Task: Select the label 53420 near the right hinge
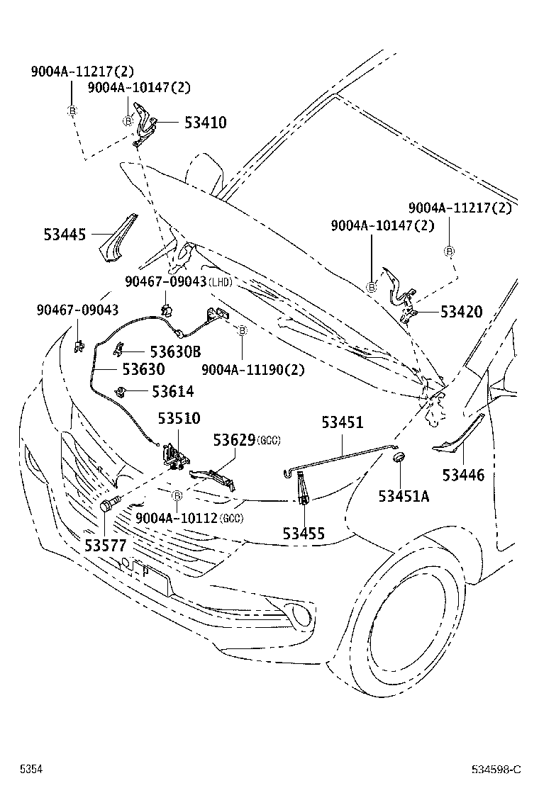click(461, 312)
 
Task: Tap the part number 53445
click(63, 234)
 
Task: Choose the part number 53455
click(304, 532)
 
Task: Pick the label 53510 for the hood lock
click(179, 418)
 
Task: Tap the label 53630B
click(175, 351)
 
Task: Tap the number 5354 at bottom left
click(31, 769)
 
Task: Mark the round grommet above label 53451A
click(399, 457)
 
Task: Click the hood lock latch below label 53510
click(174, 457)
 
